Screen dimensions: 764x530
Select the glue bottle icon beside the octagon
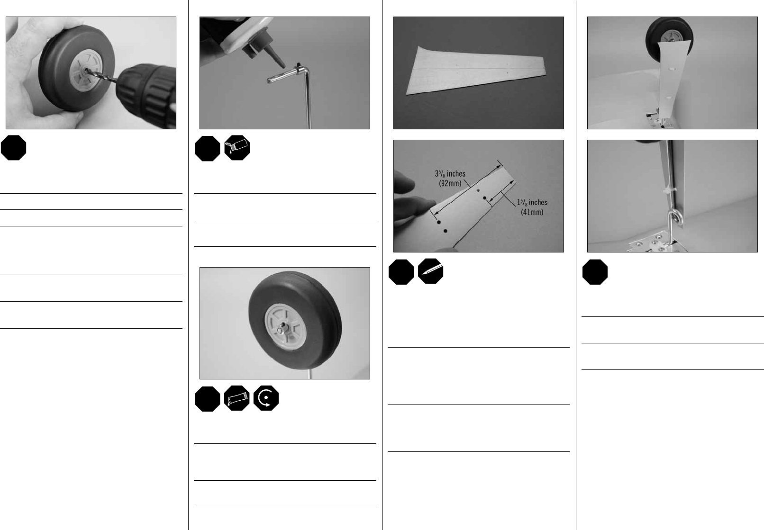click(237, 148)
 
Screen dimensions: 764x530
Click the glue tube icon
click(236, 398)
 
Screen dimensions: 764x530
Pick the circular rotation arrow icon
click(266, 398)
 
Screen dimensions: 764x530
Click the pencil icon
click(430, 271)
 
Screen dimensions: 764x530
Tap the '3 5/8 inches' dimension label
click(450, 174)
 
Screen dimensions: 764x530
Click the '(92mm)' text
click(450, 183)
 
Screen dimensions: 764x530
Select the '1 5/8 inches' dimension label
click(532, 202)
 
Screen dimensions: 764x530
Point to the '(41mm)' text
click(532, 212)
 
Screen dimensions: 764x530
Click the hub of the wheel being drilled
click(86, 70)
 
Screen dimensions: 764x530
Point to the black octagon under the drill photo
click(14, 148)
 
